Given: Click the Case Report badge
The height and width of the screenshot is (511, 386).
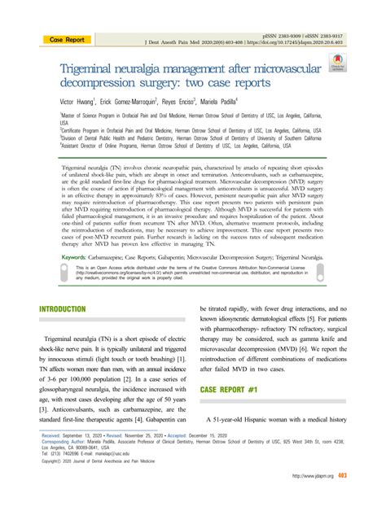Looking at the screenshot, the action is pos(67,39).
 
